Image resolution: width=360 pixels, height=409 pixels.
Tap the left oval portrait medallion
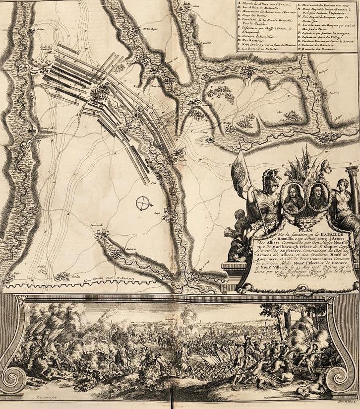(x=294, y=196)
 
